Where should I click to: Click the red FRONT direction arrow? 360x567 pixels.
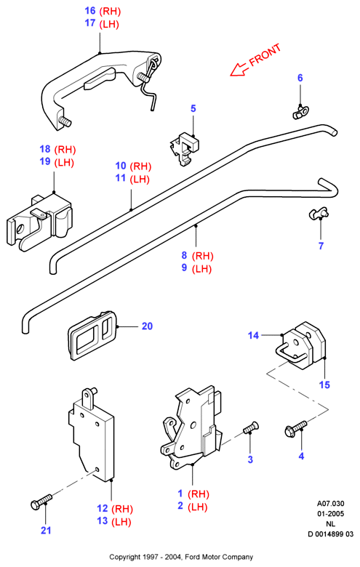click(x=239, y=70)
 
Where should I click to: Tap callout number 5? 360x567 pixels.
click(x=193, y=108)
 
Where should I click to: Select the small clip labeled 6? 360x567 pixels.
click(x=299, y=112)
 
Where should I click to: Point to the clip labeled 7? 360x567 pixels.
click(x=319, y=213)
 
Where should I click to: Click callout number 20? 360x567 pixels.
click(x=147, y=326)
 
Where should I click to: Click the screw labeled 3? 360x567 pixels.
click(x=251, y=427)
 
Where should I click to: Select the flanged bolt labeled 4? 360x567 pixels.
click(x=295, y=429)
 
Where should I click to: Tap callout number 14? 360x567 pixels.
click(x=253, y=336)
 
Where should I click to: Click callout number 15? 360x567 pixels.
click(x=324, y=385)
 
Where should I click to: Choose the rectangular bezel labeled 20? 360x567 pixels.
click(x=93, y=335)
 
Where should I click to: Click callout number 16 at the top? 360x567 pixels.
click(x=90, y=11)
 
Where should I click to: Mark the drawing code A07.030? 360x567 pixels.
click(x=331, y=503)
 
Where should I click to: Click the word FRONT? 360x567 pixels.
click(x=265, y=55)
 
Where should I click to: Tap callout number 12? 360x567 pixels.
click(x=103, y=508)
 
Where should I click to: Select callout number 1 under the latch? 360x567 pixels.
click(x=180, y=494)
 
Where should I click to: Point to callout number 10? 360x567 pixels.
click(x=121, y=166)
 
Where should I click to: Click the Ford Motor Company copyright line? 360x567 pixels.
click(x=181, y=557)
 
